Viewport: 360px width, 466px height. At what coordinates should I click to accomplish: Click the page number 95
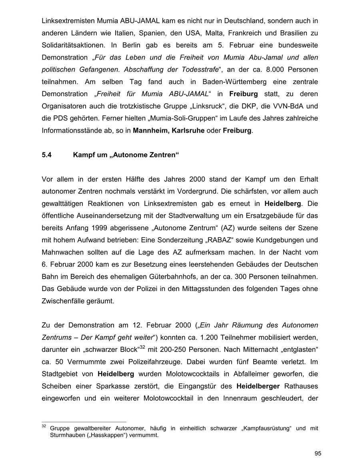click(x=318, y=453)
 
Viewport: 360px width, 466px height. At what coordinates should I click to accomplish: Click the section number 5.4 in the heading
click(x=47, y=155)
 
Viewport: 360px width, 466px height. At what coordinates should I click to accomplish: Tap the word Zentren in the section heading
click(x=162, y=155)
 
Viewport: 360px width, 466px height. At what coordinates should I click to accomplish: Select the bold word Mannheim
click(x=151, y=131)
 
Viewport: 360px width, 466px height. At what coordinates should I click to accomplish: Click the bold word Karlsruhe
click(x=188, y=131)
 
